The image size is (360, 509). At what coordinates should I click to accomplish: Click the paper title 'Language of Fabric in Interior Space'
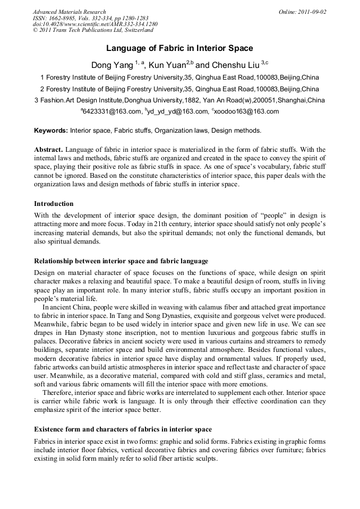point(179,48)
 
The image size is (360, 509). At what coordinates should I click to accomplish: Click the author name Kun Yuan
point(167,65)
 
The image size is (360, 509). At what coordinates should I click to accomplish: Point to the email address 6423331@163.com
point(112,111)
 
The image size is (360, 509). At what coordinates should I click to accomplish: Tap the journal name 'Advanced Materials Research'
point(69,12)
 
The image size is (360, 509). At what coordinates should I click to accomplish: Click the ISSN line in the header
point(91,18)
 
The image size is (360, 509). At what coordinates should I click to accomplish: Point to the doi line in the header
point(95,24)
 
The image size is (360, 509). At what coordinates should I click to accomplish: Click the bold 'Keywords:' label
point(51,130)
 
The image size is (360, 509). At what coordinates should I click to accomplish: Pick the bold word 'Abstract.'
point(49,149)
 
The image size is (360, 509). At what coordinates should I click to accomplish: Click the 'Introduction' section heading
point(54,203)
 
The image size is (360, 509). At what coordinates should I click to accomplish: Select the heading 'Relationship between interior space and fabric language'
point(121,261)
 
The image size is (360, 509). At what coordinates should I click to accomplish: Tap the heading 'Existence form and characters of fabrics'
point(123,429)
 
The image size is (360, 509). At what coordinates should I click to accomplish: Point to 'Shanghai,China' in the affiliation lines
point(302,100)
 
